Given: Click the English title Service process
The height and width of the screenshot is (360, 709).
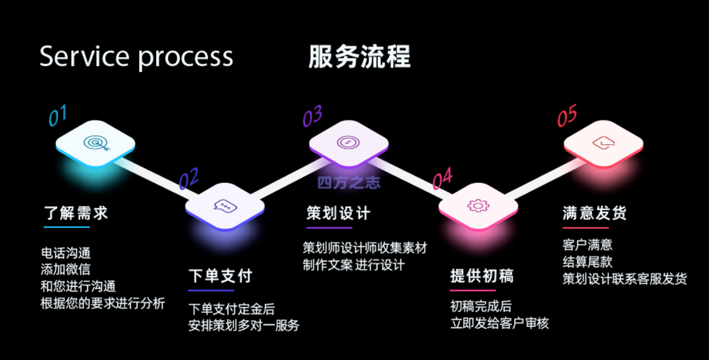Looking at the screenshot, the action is (136, 57).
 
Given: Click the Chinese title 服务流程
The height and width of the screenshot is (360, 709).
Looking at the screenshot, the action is (360, 57).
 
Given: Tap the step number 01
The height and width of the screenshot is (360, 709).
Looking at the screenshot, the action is (58, 115).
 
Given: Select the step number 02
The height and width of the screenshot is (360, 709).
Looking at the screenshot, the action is (189, 178).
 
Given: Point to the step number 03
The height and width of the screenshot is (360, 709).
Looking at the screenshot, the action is (313, 116).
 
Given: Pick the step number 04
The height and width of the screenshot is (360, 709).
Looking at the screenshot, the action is (443, 178).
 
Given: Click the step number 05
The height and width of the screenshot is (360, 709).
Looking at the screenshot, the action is (567, 116).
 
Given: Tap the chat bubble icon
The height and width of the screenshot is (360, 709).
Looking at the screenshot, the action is (226, 206).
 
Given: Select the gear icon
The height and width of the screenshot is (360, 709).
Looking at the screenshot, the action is (478, 206).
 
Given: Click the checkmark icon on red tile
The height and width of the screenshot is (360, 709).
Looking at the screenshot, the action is (604, 143).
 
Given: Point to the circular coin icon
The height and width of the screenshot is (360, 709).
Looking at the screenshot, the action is (348, 142).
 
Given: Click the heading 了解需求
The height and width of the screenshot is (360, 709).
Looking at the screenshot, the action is (76, 213).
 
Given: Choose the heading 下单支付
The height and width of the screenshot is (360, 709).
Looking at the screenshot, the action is (220, 276).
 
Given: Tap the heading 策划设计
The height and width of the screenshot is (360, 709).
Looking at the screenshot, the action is (338, 213).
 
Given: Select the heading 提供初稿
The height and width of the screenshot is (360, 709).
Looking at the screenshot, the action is (482, 276).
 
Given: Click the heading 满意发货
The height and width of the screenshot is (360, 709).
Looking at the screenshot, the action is (595, 213).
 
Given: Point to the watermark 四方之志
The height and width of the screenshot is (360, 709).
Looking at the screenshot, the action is (349, 183).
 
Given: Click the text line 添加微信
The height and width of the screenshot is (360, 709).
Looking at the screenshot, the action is (66, 270).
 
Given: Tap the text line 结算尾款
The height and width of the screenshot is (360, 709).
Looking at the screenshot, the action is (587, 262).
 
